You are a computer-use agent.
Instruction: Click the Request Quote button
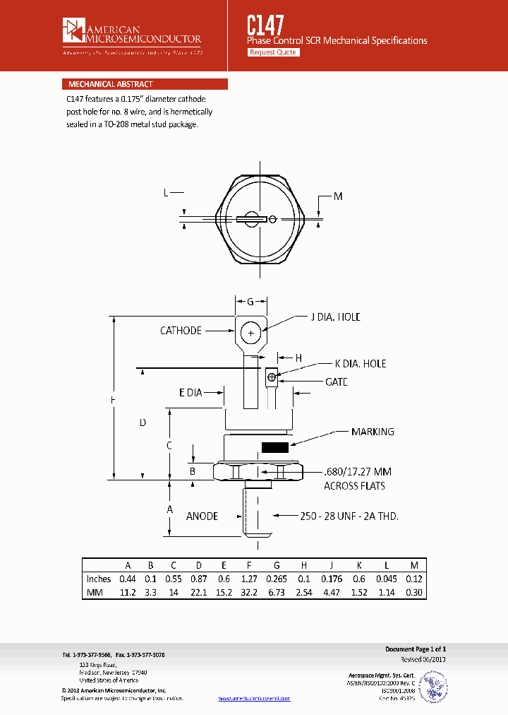coord(274,52)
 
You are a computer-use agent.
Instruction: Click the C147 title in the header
coord(265,26)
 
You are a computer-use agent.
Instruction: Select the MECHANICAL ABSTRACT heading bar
coord(145,84)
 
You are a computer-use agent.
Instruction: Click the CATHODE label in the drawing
coord(181,330)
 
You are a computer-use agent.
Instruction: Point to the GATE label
coord(336,382)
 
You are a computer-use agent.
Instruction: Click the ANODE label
coord(202,516)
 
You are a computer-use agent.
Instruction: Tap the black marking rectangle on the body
coord(274,447)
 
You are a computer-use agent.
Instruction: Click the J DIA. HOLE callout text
coord(335,317)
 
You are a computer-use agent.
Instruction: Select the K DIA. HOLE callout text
coord(360,363)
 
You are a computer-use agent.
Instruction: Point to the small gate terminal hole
coord(270,377)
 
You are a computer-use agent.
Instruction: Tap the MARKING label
coord(373,432)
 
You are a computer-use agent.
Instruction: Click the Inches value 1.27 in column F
coord(248,579)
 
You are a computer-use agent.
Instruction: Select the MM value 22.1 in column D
coord(200,592)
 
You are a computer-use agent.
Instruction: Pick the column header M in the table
coord(414,566)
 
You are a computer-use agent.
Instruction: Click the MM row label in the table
coord(95,592)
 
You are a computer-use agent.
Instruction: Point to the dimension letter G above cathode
coord(250,301)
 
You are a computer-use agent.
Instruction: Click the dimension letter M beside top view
coord(337,196)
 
